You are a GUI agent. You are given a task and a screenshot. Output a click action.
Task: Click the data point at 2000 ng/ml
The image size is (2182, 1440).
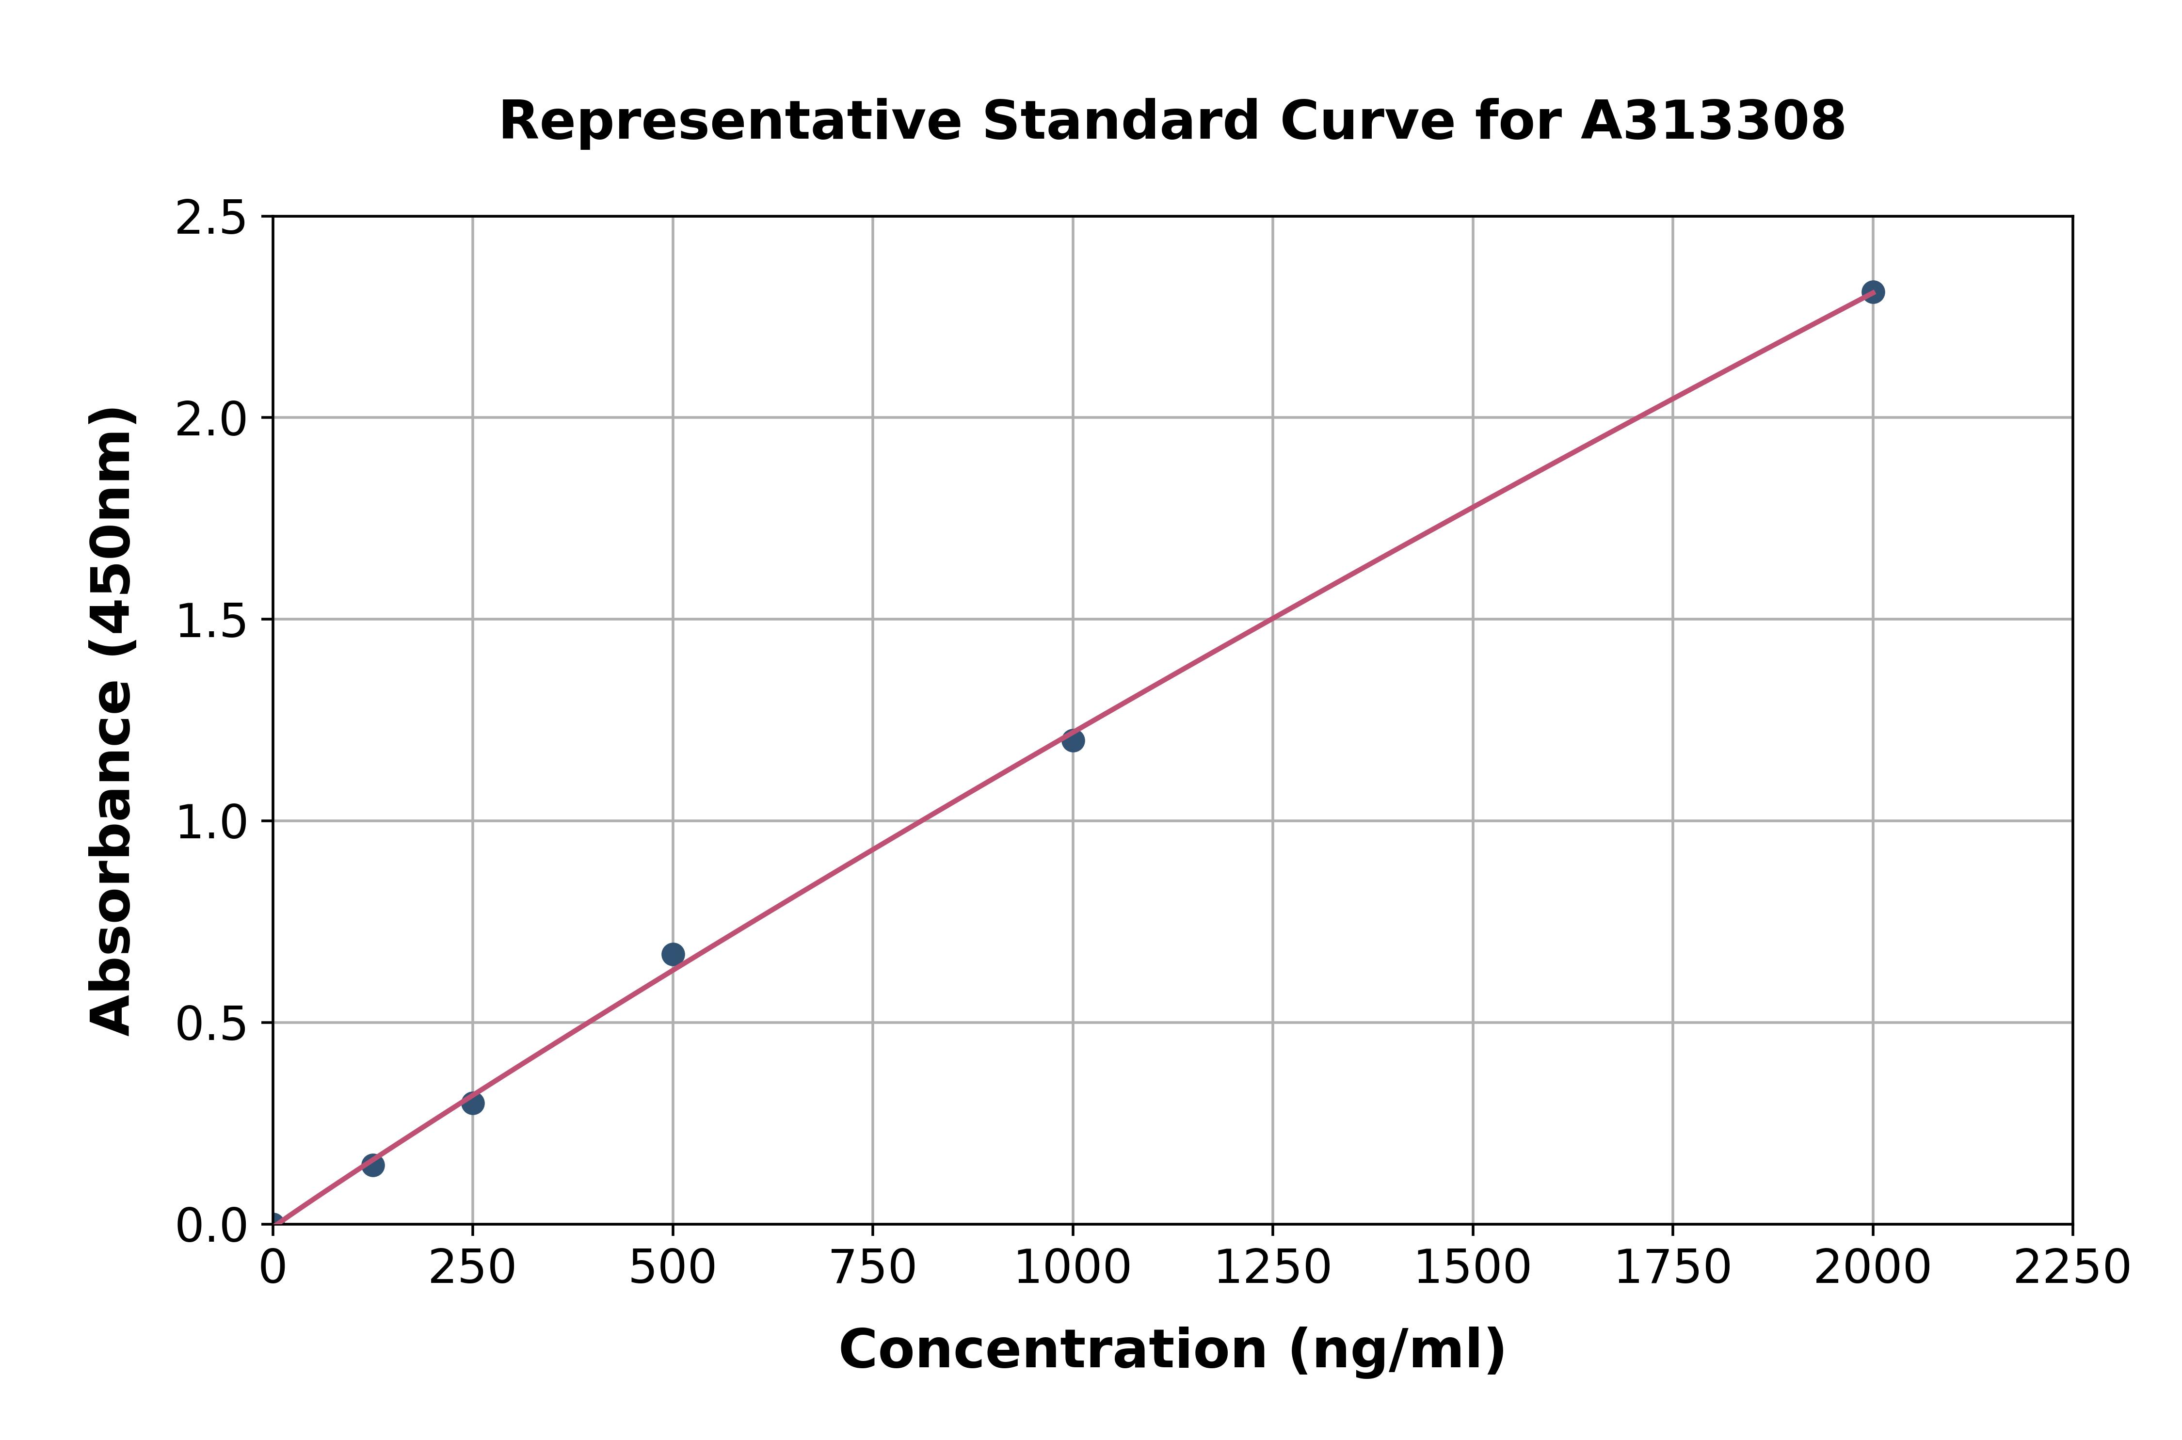[1873, 292]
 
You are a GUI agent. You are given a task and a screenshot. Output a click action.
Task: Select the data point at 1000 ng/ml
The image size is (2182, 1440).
[1073, 740]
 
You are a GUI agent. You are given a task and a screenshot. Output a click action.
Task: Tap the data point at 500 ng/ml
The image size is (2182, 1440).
[673, 954]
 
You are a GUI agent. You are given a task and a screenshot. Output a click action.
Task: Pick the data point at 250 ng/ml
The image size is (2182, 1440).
[473, 1103]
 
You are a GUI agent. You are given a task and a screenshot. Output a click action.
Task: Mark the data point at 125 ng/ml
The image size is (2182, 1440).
[373, 1166]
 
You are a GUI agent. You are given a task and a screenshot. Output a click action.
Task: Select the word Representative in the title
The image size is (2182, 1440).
[730, 121]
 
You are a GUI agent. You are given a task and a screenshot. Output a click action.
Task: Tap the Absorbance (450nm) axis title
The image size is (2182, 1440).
[112, 721]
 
